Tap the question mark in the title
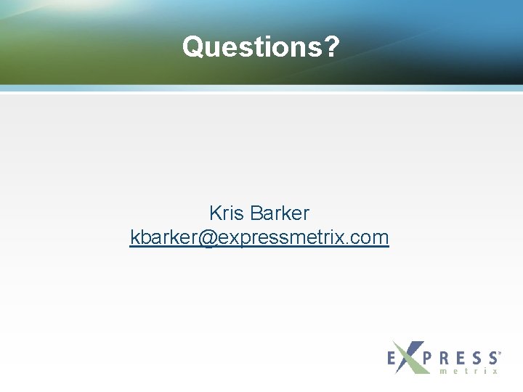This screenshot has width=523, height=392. pyautogui.click(x=332, y=46)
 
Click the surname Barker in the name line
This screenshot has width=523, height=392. pyautogui.click(x=279, y=213)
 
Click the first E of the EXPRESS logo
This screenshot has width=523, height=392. pyautogui.click(x=392, y=358)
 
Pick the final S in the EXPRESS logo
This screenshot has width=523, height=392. pyautogui.click(x=492, y=358)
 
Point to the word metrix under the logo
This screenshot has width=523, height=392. pyautogui.click(x=469, y=371)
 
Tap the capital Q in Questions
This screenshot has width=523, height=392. pyautogui.click(x=192, y=46)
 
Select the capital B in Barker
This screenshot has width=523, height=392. pyautogui.click(x=254, y=213)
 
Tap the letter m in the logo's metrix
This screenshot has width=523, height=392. pyautogui.click(x=443, y=371)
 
